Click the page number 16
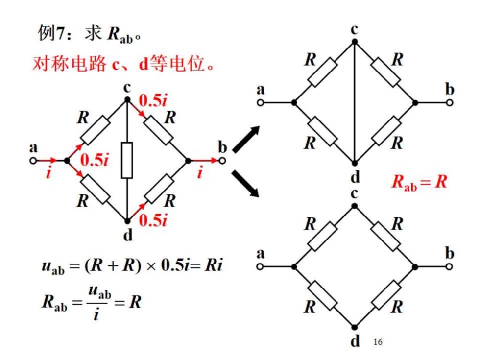tap(378, 342)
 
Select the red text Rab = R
tap(419, 181)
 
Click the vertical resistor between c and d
tap(127, 160)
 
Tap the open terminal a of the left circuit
tap(33, 161)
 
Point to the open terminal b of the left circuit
tap(222, 161)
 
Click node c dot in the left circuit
tap(127, 100)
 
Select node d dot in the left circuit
tap(127, 221)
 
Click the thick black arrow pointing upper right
tap(246, 139)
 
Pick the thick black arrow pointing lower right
tap(245, 183)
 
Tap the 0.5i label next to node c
tap(153, 100)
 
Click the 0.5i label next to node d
tap(153, 220)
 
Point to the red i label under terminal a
tap(48, 172)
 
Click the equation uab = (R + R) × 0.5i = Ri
tap(132, 265)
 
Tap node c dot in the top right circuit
tap(355, 42)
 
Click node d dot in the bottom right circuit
tap(355, 328)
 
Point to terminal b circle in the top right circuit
tap(450, 103)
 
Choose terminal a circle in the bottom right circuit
tap(260, 267)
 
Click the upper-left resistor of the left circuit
tap(95, 131)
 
